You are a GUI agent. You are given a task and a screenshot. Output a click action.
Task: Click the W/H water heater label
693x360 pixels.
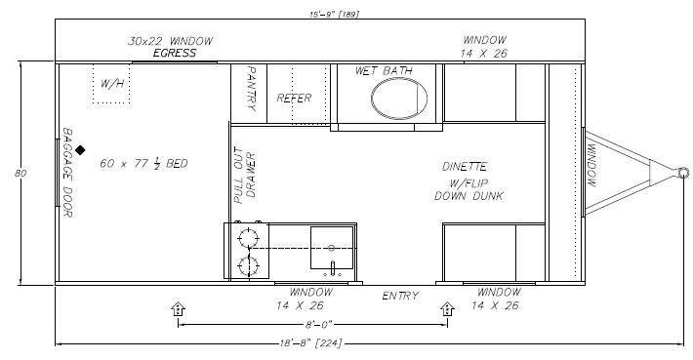point(112,84)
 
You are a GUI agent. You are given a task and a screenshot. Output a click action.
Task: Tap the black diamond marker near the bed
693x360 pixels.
point(80,150)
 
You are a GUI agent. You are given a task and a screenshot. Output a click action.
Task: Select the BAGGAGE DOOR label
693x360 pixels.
point(67,173)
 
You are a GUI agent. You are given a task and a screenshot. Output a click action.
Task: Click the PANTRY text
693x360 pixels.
point(251,89)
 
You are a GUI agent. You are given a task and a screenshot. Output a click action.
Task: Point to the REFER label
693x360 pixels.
point(294,98)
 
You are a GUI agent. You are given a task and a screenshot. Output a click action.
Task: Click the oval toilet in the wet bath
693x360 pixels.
point(399,99)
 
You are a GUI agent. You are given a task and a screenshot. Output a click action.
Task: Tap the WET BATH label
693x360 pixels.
point(384,70)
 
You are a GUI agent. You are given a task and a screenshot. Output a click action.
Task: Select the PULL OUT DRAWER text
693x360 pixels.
point(244,176)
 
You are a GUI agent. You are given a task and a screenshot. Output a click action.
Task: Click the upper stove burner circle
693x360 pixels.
point(248,238)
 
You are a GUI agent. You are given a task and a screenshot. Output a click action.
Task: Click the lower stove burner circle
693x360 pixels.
point(248,266)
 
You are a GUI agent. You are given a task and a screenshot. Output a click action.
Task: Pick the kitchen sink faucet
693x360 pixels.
point(333,266)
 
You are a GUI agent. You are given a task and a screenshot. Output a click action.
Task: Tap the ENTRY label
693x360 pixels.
point(400,296)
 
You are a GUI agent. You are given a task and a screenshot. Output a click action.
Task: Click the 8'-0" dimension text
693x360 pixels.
point(318,325)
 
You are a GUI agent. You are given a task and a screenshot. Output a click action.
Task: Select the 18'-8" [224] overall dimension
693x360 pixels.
point(310,343)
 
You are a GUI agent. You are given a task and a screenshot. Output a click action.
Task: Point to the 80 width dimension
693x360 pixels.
point(20,173)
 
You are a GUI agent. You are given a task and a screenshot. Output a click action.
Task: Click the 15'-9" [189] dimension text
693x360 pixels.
point(334,14)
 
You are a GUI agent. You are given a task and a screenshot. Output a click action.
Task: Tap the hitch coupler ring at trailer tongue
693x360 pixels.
point(683,173)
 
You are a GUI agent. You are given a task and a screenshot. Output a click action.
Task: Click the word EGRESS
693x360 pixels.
point(174,54)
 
